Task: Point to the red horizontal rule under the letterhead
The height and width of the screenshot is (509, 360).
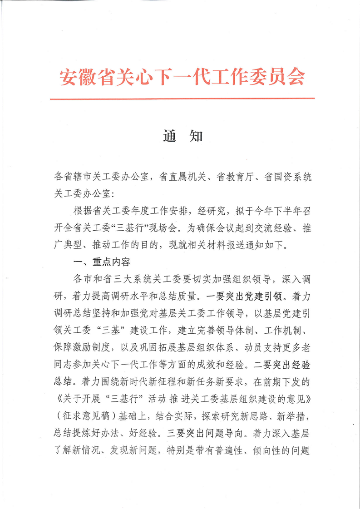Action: point(182,98)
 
